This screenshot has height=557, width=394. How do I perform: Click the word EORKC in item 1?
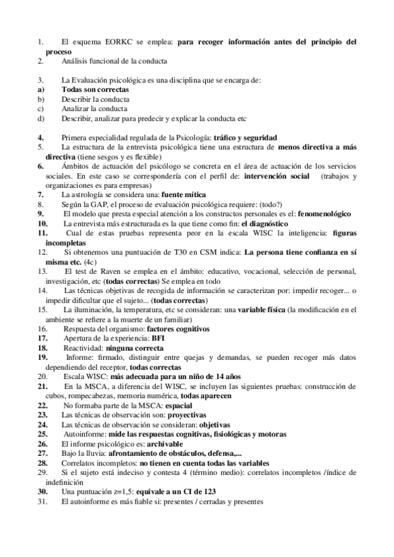point(113,41)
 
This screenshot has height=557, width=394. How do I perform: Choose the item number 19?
point(42,357)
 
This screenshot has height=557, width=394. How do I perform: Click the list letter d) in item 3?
point(41,118)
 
